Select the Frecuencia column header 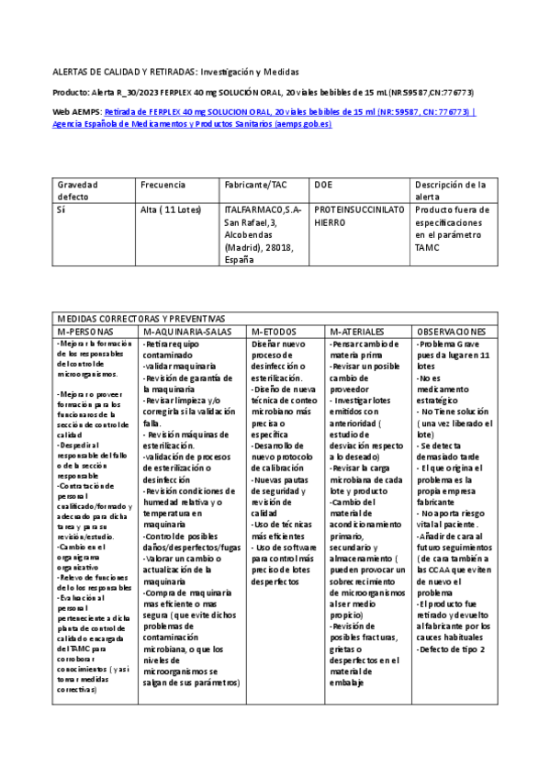(x=163, y=185)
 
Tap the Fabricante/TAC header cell (x=255, y=185)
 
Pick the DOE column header (x=323, y=185)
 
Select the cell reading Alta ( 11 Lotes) (x=171, y=210)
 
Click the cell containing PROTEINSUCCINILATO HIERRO (x=359, y=216)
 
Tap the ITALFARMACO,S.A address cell (x=262, y=235)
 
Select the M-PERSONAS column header (x=85, y=331)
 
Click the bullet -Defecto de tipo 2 (x=452, y=649)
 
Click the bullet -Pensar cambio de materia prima (x=365, y=349)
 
